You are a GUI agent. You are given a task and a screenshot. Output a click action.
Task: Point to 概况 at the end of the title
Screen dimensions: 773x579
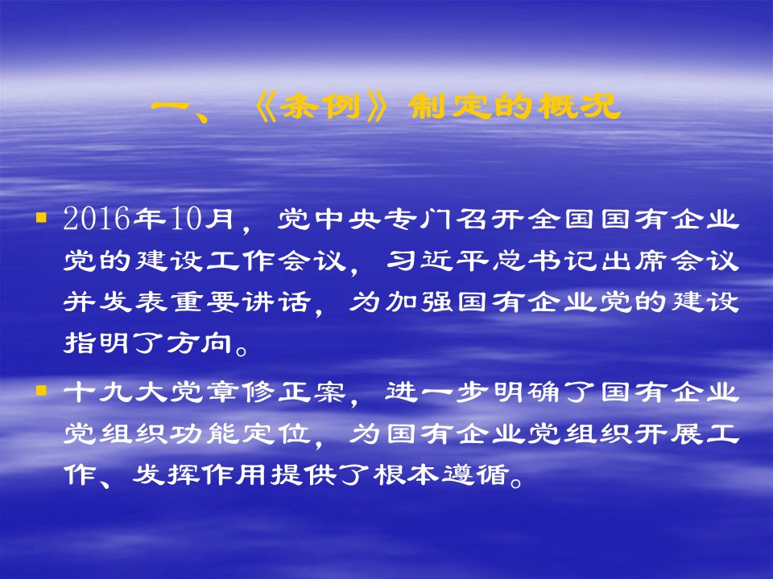pos(578,106)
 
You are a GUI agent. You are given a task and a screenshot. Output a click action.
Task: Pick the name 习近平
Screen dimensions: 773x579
pos(438,260)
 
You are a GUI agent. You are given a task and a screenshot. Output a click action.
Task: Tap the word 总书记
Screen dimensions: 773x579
pos(545,260)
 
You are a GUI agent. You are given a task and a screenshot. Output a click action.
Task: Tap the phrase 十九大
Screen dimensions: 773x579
pos(115,392)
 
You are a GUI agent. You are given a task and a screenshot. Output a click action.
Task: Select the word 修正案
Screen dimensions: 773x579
pos(295,392)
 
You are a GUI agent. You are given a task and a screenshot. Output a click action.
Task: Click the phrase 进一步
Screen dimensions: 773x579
pos(438,392)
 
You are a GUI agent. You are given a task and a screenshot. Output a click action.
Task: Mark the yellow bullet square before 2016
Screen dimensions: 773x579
pos(41,217)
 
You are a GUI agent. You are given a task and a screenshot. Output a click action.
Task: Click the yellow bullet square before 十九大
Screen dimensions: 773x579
pos(41,391)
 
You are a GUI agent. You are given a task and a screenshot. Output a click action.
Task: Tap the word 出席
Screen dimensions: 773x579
pos(634,260)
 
